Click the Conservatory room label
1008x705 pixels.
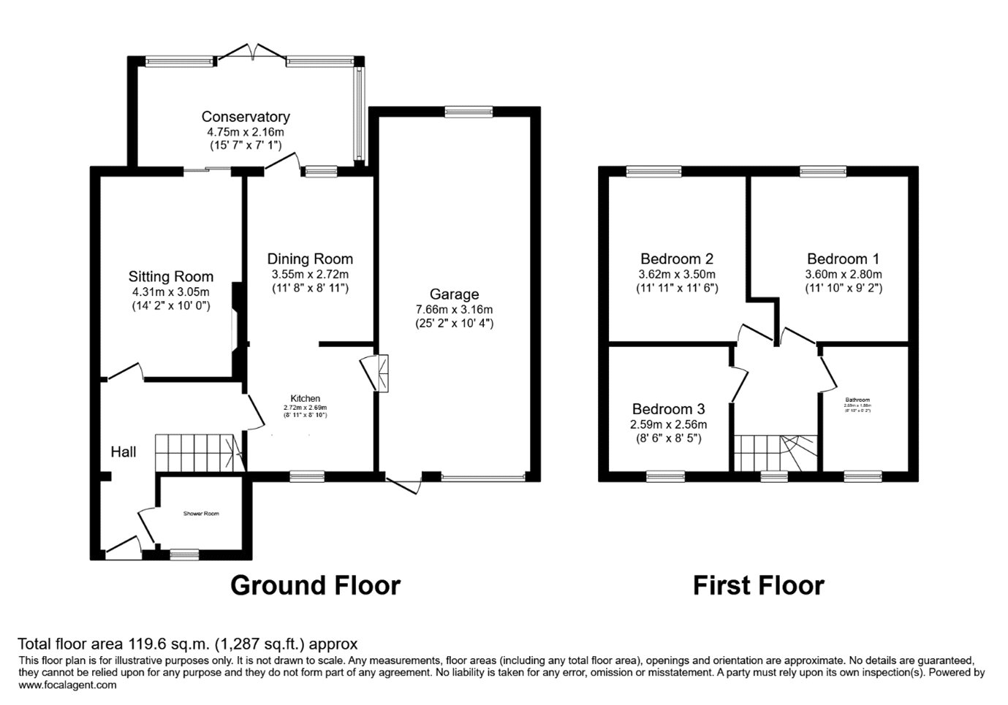(246, 117)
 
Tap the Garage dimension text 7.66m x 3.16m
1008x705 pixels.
(454, 309)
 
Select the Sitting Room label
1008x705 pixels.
(171, 277)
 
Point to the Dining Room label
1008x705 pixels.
(310, 259)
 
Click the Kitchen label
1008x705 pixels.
(306, 398)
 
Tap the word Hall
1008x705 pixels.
(124, 452)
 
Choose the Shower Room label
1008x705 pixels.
(201, 514)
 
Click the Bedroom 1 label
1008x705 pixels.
(843, 259)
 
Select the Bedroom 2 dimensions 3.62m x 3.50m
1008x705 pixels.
(676, 274)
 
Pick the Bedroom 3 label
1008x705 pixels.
(669, 409)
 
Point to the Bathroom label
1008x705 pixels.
(857, 400)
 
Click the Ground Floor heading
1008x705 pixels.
(315, 585)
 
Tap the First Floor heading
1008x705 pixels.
(758, 585)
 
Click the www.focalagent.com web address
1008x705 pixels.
(67, 685)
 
